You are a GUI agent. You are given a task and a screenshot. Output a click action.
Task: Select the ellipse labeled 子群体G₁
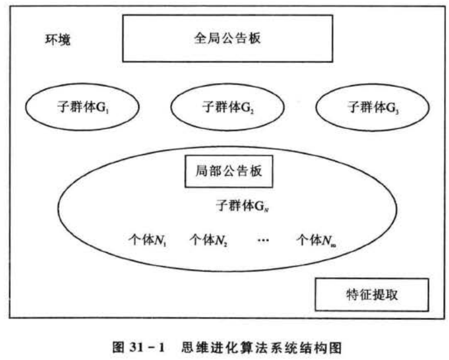point(82,107)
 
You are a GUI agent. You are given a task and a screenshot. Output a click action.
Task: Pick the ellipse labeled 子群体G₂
point(227,107)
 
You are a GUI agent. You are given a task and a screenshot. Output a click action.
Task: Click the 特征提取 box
point(372,294)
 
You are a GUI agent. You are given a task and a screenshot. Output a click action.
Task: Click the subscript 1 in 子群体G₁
point(110,110)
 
